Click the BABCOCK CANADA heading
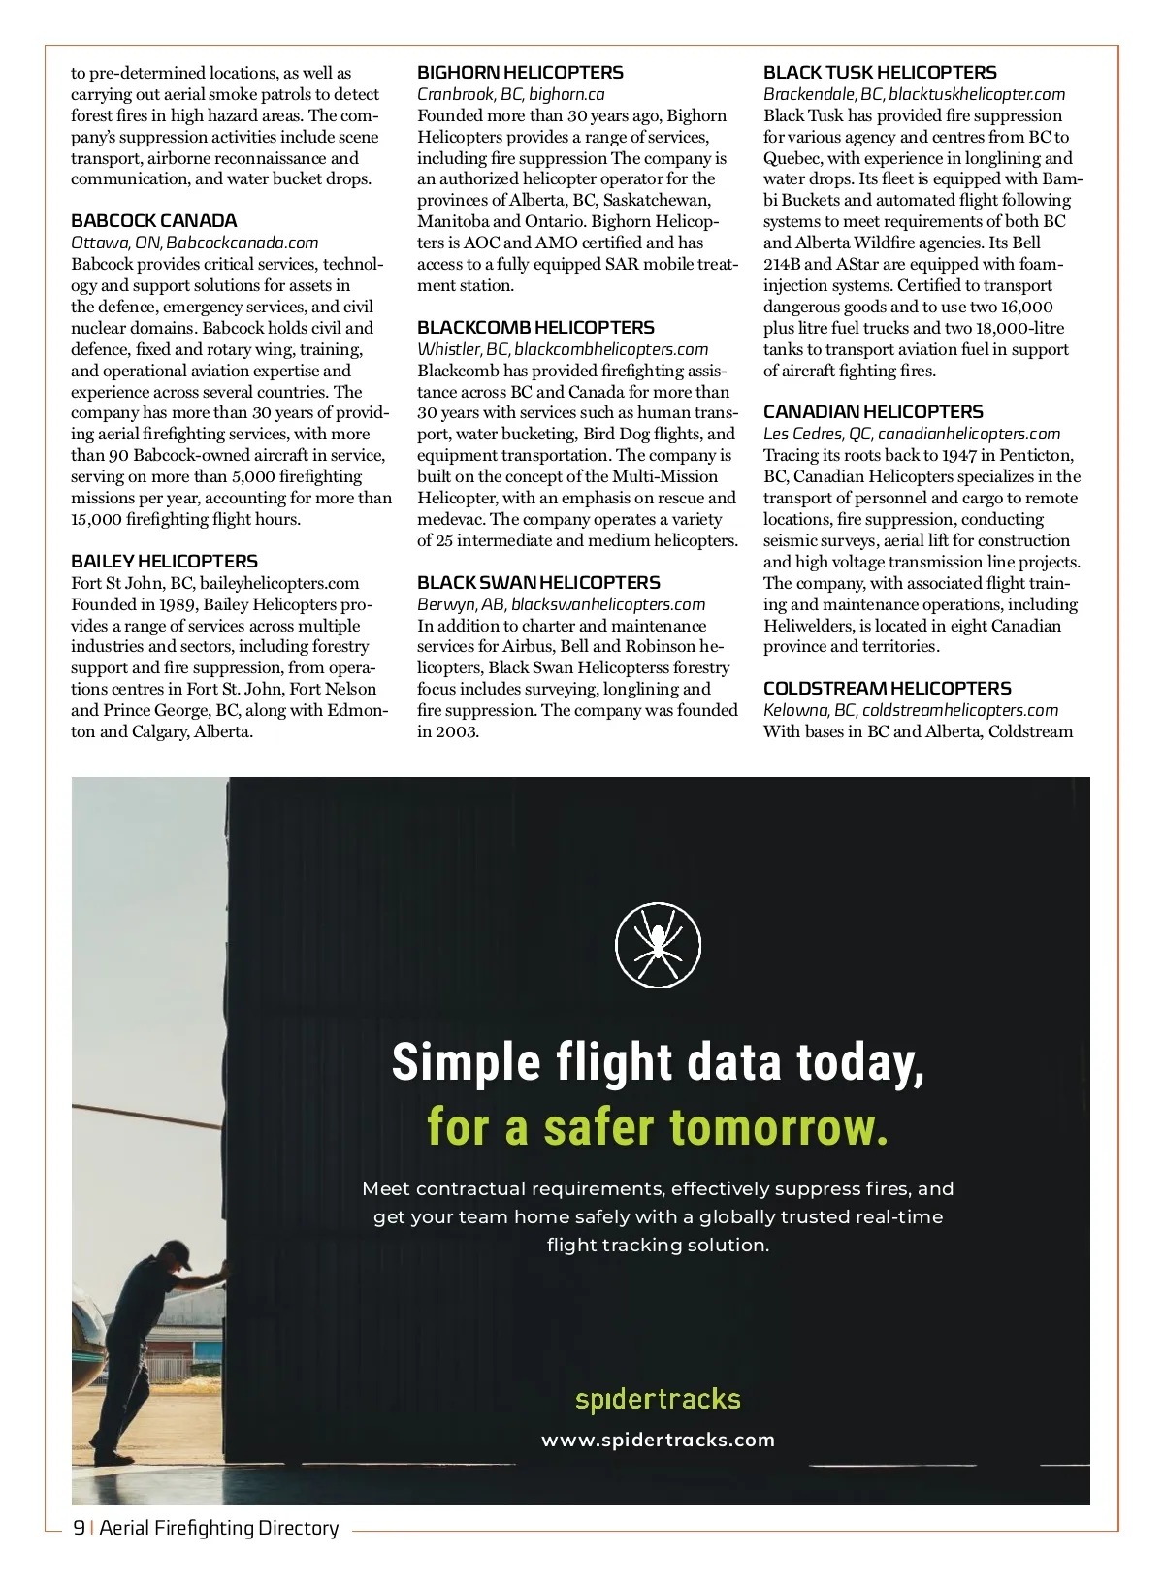[x=153, y=221]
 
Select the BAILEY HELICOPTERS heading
[x=164, y=562]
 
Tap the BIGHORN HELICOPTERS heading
[x=520, y=73]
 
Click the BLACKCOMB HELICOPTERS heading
[x=535, y=328]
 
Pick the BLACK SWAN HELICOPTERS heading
[x=538, y=583]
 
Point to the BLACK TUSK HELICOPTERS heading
[x=880, y=73]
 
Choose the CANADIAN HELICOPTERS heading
[x=873, y=412]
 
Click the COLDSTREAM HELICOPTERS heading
[x=887, y=689]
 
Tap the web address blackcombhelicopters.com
[x=611, y=349]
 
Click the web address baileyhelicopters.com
[x=279, y=583]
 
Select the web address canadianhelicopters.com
[x=969, y=434]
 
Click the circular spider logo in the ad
[x=658, y=944]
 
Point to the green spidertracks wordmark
[x=658, y=1399]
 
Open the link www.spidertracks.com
[x=658, y=1440]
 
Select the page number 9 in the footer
[x=79, y=1528]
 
